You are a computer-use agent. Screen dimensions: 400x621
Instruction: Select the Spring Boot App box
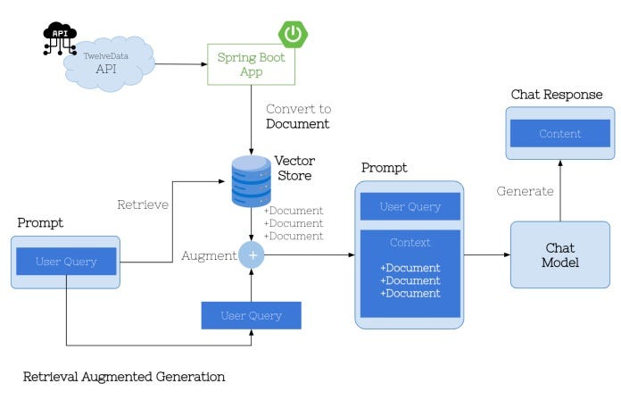(x=250, y=64)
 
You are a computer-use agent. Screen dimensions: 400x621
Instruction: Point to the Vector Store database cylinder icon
(x=251, y=181)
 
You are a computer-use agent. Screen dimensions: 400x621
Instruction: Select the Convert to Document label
(x=297, y=116)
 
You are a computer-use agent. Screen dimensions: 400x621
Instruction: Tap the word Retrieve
(x=143, y=204)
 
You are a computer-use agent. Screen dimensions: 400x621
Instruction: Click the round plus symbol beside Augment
(x=253, y=255)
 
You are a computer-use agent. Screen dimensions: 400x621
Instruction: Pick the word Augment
(x=208, y=256)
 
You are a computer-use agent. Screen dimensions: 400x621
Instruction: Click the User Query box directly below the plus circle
(x=251, y=315)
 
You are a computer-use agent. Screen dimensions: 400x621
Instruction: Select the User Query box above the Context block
(x=410, y=206)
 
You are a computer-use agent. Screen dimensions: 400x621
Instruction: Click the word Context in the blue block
(x=410, y=243)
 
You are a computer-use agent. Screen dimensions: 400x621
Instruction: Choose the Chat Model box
(x=559, y=254)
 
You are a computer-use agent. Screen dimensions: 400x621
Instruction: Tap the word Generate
(x=525, y=190)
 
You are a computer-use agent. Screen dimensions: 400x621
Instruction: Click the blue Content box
(x=559, y=134)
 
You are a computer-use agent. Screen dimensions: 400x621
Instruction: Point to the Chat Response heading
(x=557, y=95)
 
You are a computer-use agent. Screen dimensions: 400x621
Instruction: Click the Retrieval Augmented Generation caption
(x=123, y=377)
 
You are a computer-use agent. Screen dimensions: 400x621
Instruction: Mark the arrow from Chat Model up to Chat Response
(x=559, y=190)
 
